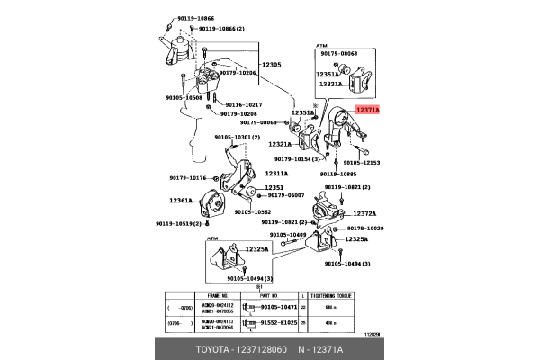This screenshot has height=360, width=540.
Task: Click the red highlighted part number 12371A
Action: click(x=368, y=109)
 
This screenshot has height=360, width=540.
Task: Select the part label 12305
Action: click(x=272, y=66)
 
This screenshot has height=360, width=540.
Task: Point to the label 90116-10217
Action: click(x=243, y=104)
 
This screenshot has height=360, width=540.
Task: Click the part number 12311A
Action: click(x=276, y=174)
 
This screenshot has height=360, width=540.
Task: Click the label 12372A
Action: click(x=364, y=213)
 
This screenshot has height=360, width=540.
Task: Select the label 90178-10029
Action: click(x=364, y=229)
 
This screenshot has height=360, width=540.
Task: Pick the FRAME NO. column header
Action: click(x=220, y=295)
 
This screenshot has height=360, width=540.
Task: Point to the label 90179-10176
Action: click(x=188, y=178)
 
